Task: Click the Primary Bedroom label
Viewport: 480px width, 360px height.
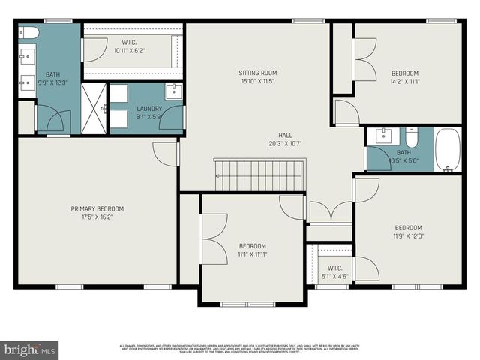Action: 97,208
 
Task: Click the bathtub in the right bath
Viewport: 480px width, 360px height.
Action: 449,150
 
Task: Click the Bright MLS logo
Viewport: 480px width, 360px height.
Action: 30,349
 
